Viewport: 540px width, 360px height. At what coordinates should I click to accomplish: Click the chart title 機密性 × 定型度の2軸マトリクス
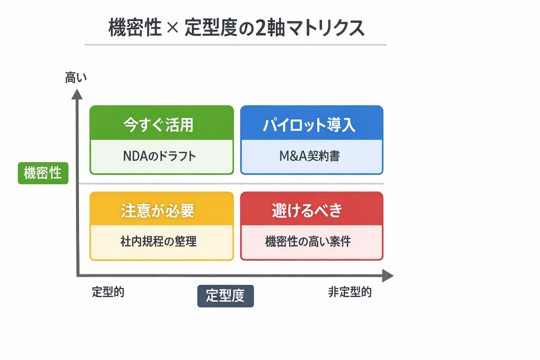(x=236, y=28)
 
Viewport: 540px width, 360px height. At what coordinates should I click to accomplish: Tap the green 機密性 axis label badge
(x=43, y=173)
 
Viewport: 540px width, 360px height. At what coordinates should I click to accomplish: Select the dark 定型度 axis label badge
(x=225, y=296)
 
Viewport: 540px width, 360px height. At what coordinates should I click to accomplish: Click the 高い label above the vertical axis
(x=76, y=77)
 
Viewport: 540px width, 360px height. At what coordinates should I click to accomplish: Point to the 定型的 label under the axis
(x=108, y=292)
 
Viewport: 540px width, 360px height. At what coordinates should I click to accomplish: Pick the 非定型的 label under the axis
(x=350, y=292)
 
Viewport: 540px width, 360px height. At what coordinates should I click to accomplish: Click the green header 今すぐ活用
(x=159, y=125)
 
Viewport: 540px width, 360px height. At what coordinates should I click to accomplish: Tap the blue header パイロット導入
(x=309, y=125)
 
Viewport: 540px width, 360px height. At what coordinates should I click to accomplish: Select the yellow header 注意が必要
(x=158, y=211)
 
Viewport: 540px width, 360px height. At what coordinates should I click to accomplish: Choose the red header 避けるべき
(x=307, y=211)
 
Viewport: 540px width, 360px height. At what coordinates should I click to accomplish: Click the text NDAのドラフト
(x=159, y=156)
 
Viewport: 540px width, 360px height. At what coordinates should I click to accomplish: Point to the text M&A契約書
(x=309, y=156)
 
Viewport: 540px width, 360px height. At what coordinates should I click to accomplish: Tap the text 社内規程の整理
(x=159, y=242)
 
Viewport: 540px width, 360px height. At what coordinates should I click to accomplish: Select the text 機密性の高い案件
(x=308, y=242)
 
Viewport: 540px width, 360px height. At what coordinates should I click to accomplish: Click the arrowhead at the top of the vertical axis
(x=77, y=95)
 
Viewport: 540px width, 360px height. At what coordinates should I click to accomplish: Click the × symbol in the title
(x=172, y=27)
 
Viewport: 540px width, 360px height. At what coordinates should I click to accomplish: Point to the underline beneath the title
(x=236, y=45)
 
